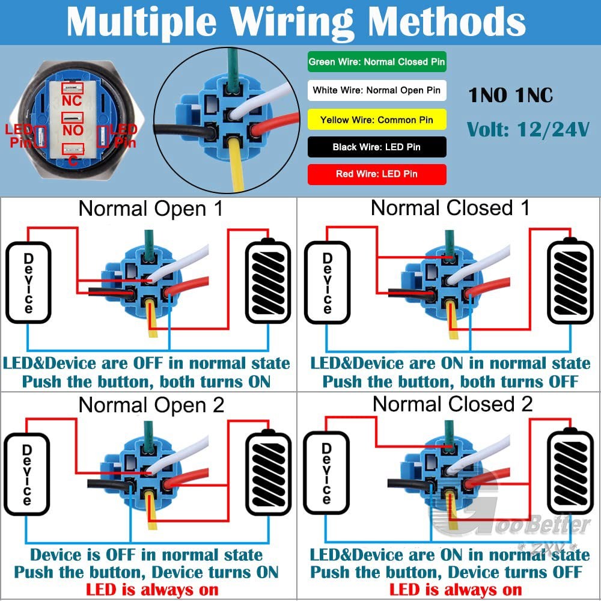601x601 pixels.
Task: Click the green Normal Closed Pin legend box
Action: pyautogui.click(x=377, y=62)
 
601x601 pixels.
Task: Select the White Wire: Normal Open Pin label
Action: pyautogui.click(x=377, y=91)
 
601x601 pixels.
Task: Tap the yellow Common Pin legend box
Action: pyautogui.click(x=377, y=120)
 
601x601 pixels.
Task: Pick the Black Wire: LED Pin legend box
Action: pyautogui.click(x=377, y=147)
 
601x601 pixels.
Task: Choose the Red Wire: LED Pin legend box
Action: pyautogui.click(x=377, y=174)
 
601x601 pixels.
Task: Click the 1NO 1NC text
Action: pyautogui.click(x=510, y=95)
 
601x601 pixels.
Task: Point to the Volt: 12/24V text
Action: pyautogui.click(x=528, y=130)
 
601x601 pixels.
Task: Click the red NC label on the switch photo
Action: pyautogui.click(x=72, y=100)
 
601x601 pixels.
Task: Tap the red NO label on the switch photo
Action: pyautogui.click(x=73, y=130)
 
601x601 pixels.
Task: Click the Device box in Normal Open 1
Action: pyautogui.click(x=28, y=282)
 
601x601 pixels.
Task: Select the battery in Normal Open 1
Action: pyautogui.click(x=268, y=281)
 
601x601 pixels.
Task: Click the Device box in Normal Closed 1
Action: pyautogui.click(x=327, y=282)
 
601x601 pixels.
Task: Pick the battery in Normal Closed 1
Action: pyautogui.click(x=570, y=281)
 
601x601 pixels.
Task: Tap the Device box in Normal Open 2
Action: pyautogui.click(x=27, y=474)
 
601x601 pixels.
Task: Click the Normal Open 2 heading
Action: pyautogui.click(x=151, y=405)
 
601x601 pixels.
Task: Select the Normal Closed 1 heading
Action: pyautogui.click(x=450, y=208)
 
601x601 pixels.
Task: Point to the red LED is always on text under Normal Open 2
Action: pyautogui.click(x=152, y=590)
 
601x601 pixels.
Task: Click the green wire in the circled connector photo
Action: pyautogui.click(x=232, y=70)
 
